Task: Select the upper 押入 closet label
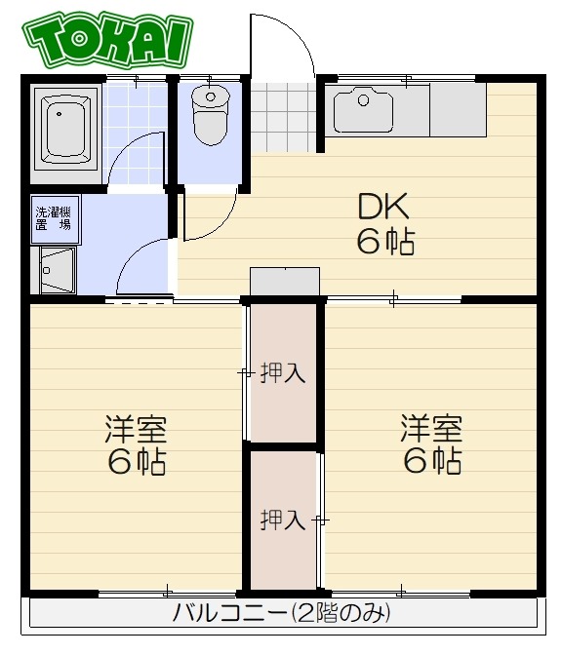[283, 374]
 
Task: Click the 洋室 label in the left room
[137, 428]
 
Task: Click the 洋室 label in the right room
[431, 428]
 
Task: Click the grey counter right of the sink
[459, 109]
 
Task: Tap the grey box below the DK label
[285, 281]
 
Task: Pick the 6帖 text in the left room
[137, 461]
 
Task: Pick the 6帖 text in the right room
[431, 461]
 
